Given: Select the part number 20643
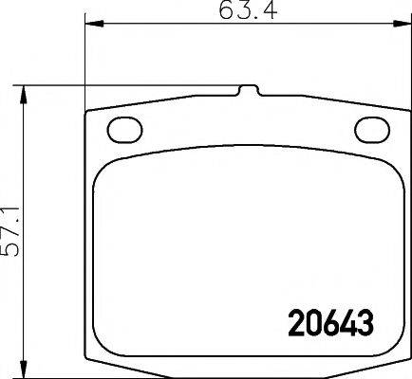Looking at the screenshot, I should [x=329, y=323].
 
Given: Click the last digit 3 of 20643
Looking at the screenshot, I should [x=364, y=323].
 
